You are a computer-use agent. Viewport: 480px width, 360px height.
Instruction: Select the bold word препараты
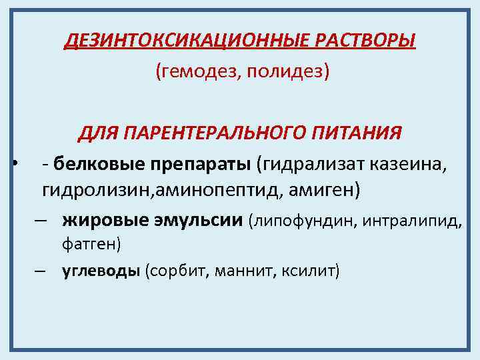[x=199, y=163]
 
